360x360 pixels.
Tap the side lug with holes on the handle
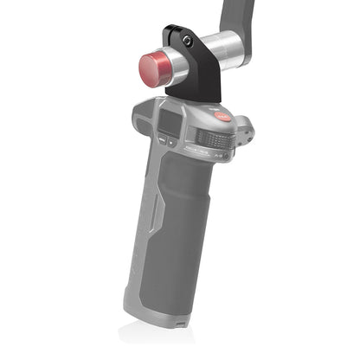pyautogui.click(x=247, y=130)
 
